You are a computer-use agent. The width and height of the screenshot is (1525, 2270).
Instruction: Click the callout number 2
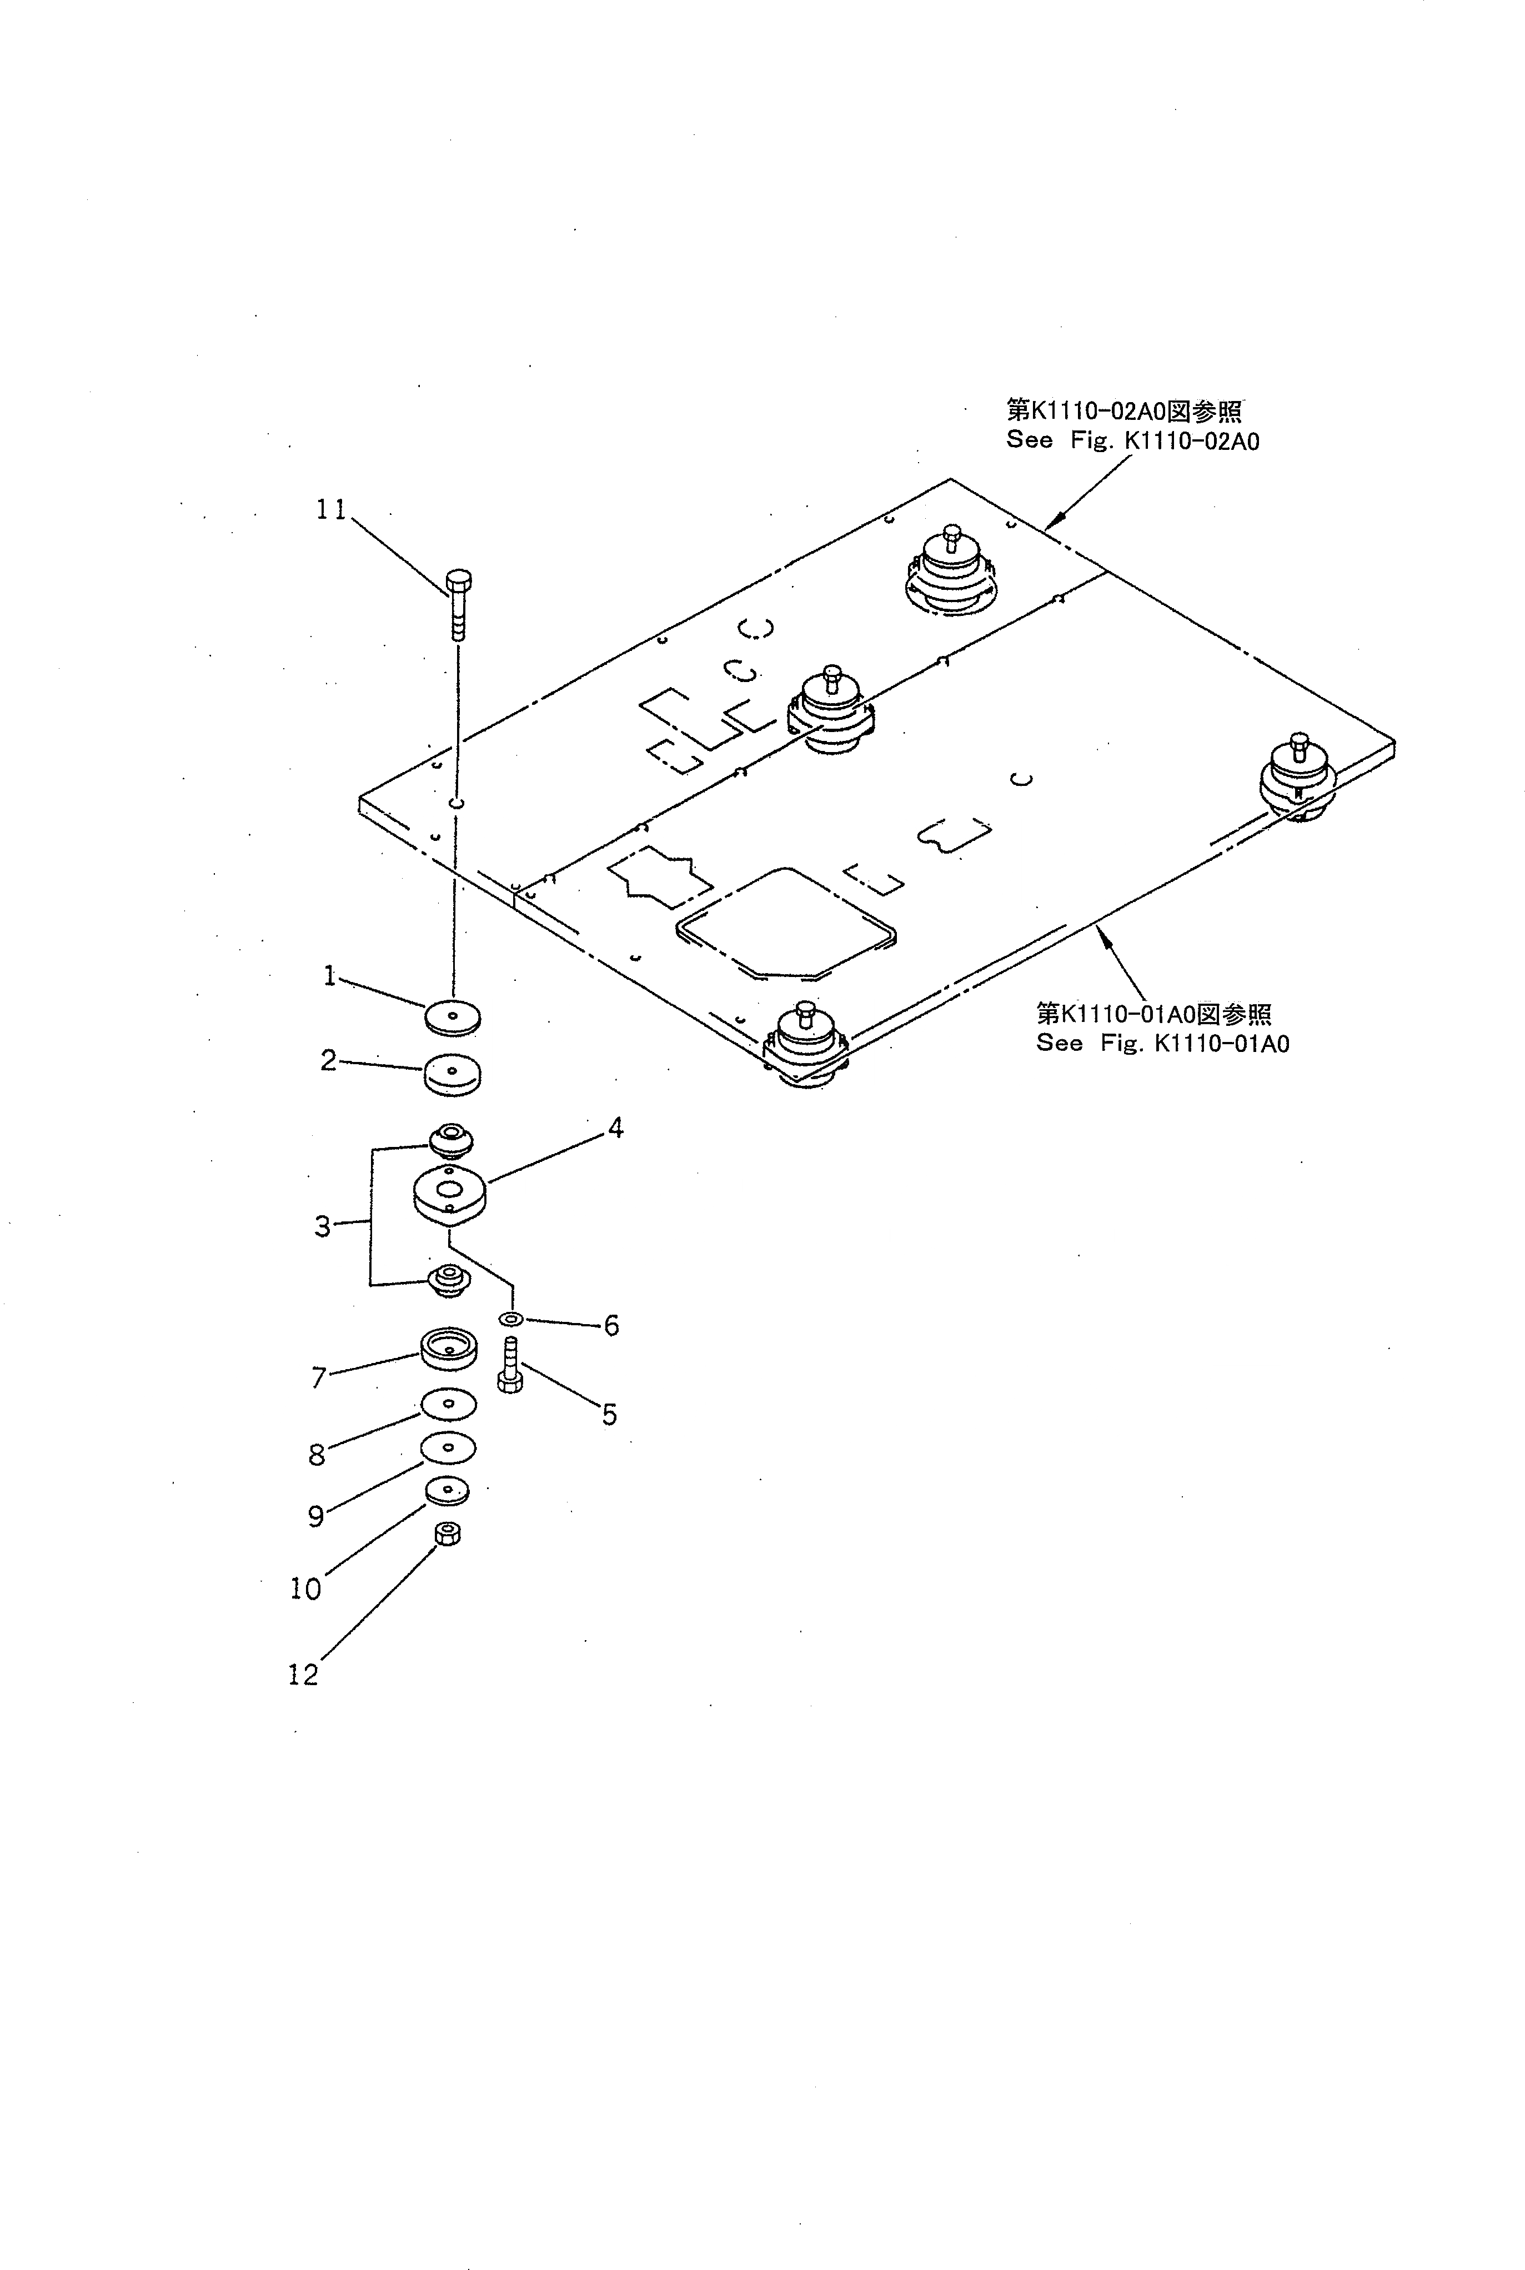pos(329,1060)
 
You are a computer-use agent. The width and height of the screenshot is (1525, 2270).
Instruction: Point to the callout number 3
pos(323,1226)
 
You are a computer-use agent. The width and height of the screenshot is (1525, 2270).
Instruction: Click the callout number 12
pos(303,1675)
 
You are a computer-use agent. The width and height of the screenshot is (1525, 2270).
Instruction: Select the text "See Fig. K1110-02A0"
pos(1133,440)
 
